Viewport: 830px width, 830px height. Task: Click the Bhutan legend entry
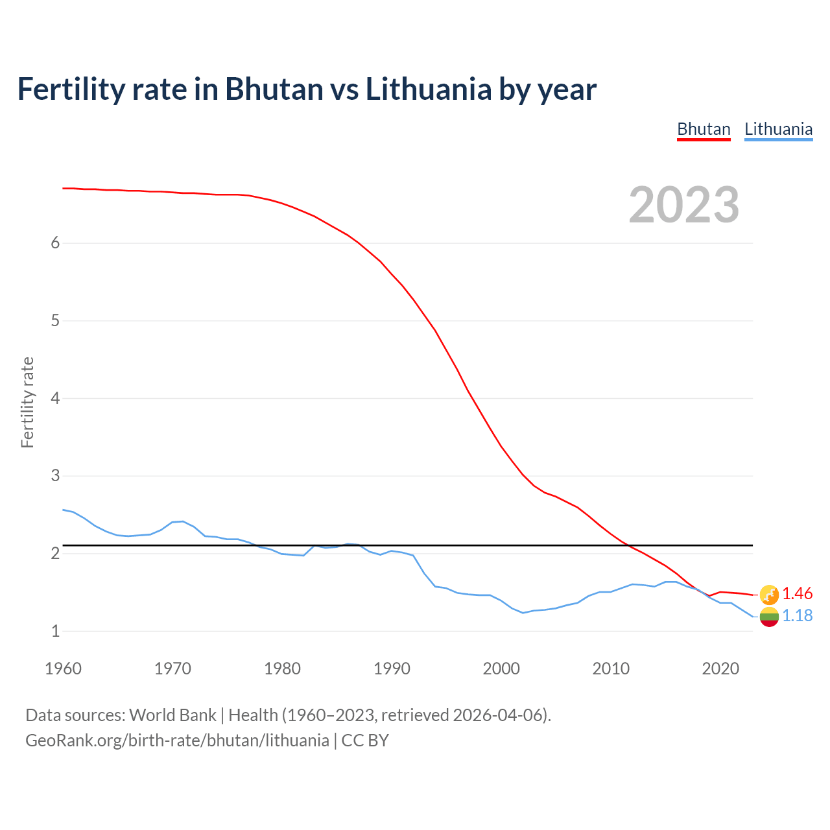tap(704, 129)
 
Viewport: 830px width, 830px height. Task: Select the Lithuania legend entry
tap(778, 129)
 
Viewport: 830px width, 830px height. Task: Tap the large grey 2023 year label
tap(684, 205)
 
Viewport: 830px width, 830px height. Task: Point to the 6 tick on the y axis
tap(55, 243)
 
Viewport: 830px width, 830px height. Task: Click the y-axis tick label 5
tap(55, 320)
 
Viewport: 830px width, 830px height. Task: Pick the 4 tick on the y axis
tap(55, 398)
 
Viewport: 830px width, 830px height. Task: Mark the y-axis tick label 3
tap(55, 476)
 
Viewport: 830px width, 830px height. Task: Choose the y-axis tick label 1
tap(55, 631)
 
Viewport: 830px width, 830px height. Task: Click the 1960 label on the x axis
tap(63, 669)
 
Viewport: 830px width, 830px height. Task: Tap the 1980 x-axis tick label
tap(282, 669)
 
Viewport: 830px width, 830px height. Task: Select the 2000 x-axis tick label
tap(501, 669)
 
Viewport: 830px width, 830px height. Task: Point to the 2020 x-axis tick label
tap(720, 669)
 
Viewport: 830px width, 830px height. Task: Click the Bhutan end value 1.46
tap(797, 593)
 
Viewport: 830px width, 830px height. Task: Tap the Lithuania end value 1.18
tap(797, 615)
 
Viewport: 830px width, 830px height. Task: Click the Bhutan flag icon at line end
tap(769, 594)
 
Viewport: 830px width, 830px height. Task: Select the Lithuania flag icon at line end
tap(769, 617)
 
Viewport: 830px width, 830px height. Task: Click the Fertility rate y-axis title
tap(27, 402)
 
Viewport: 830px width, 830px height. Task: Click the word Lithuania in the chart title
tap(428, 89)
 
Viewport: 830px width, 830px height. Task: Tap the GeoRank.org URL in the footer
tap(177, 741)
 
